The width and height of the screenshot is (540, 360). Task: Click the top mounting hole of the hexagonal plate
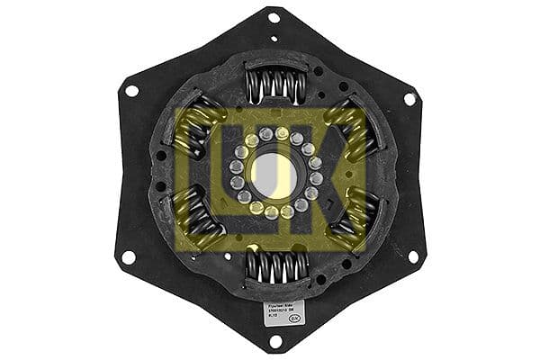click(274, 16)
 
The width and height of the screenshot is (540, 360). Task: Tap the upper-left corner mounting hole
click(131, 90)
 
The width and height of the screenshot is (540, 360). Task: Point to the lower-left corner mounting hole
click(130, 256)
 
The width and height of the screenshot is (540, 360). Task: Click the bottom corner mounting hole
click(275, 341)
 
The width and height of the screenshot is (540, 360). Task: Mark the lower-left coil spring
click(199, 220)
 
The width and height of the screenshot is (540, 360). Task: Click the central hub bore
click(273, 175)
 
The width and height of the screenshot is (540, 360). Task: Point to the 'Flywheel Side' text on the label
click(280, 306)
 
